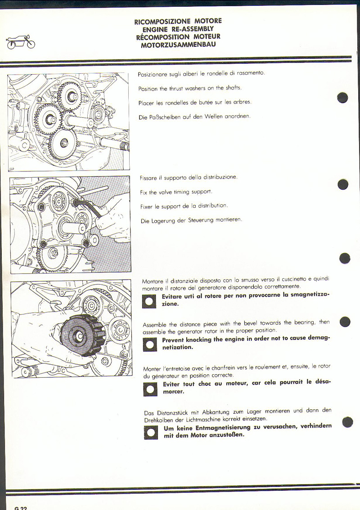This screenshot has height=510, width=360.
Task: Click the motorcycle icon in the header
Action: pyautogui.click(x=21, y=42)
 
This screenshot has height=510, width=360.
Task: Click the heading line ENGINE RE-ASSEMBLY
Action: pyautogui.click(x=178, y=29)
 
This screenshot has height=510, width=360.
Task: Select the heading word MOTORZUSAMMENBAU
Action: pyautogui.click(x=178, y=45)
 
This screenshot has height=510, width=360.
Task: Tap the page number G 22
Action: pyautogui.click(x=21, y=508)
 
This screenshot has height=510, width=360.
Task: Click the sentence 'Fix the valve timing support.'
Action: pyautogui.click(x=176, y=192)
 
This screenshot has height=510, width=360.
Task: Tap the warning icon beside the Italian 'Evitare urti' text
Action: pyautogui.click(x=149, y=301)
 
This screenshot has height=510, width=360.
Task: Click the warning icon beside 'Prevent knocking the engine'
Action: pyautogui.click(x=149, y=344)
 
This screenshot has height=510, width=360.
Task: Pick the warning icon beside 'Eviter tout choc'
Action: pyautogui.click(x=150, y=388)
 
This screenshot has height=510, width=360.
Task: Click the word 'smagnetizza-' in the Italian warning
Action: pyautogui.click(x=306, y=296)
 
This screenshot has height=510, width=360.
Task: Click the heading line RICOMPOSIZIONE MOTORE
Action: pyautogui.click(x=178, y=21)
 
